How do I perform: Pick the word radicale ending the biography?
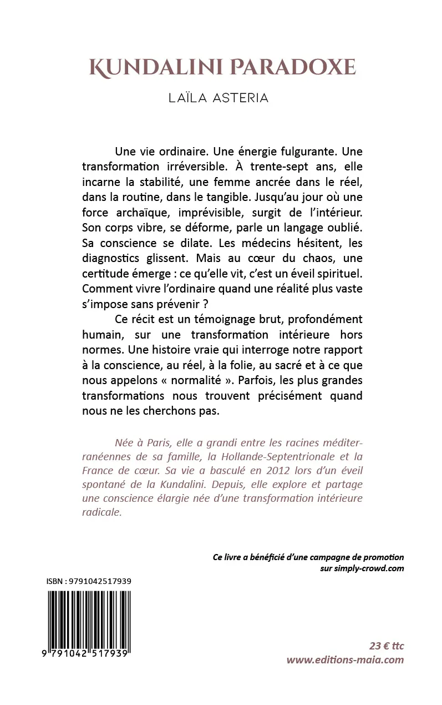[x=101, y=512]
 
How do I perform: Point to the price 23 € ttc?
[x=387, y=646]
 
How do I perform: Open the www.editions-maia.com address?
[x=345, y=660]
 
